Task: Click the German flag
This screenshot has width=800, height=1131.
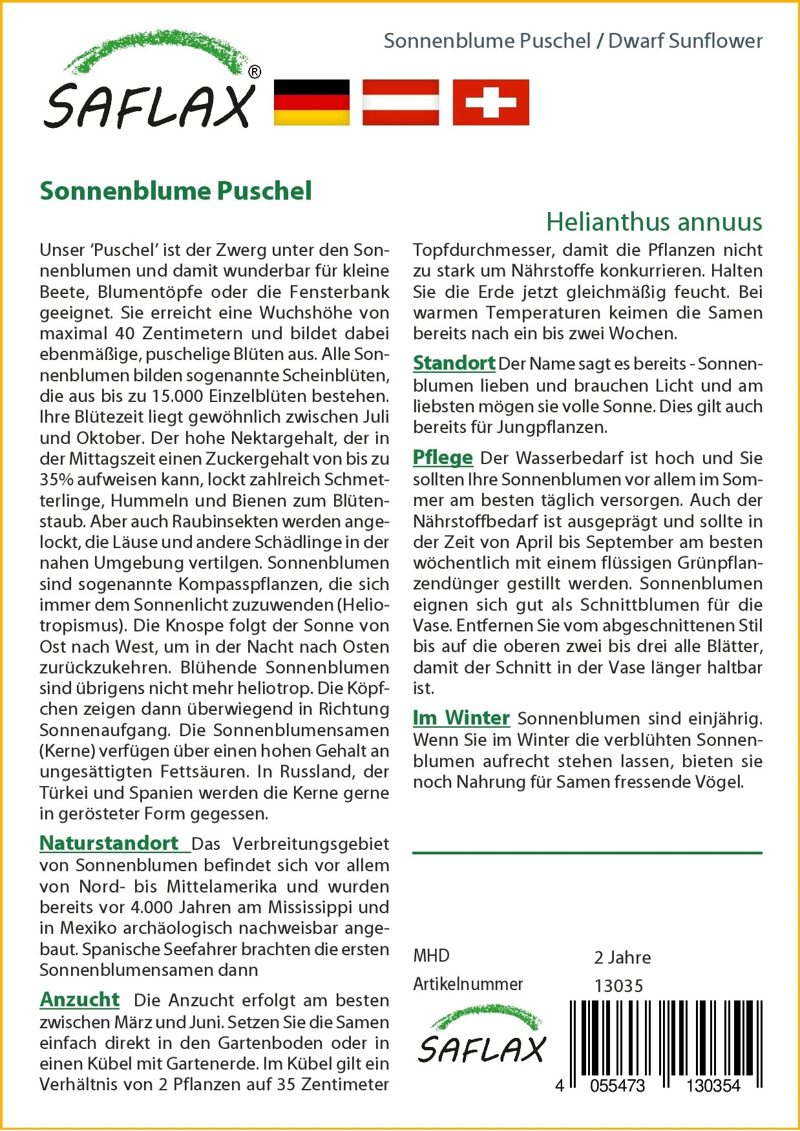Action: [311, 102]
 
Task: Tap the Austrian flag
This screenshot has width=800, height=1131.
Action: [401, 102]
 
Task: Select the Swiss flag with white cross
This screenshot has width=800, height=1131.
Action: [490, 102]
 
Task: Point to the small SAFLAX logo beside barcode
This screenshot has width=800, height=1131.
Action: [482, 1035]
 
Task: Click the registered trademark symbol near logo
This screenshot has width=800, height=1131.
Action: [255, 72]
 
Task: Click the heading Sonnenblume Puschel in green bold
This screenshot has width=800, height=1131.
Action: [176, 191]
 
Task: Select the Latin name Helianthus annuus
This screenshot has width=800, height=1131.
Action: [654, 222]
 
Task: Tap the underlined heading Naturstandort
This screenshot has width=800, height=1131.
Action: [109, 843]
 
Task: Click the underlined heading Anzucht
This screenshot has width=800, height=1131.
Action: [80, 999]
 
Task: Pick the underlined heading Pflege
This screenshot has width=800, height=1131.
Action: [443, 457]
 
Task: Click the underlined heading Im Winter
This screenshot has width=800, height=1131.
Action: [461, 717]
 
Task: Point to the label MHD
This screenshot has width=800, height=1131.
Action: [431, 956]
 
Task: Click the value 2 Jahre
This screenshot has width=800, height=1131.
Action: [622, 957]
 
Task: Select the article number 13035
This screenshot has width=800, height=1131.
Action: [618, 986]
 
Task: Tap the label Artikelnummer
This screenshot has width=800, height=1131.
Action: [468, 984]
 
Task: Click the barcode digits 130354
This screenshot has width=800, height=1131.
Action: [713, 1086]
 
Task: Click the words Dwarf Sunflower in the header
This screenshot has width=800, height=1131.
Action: [685, 41]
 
